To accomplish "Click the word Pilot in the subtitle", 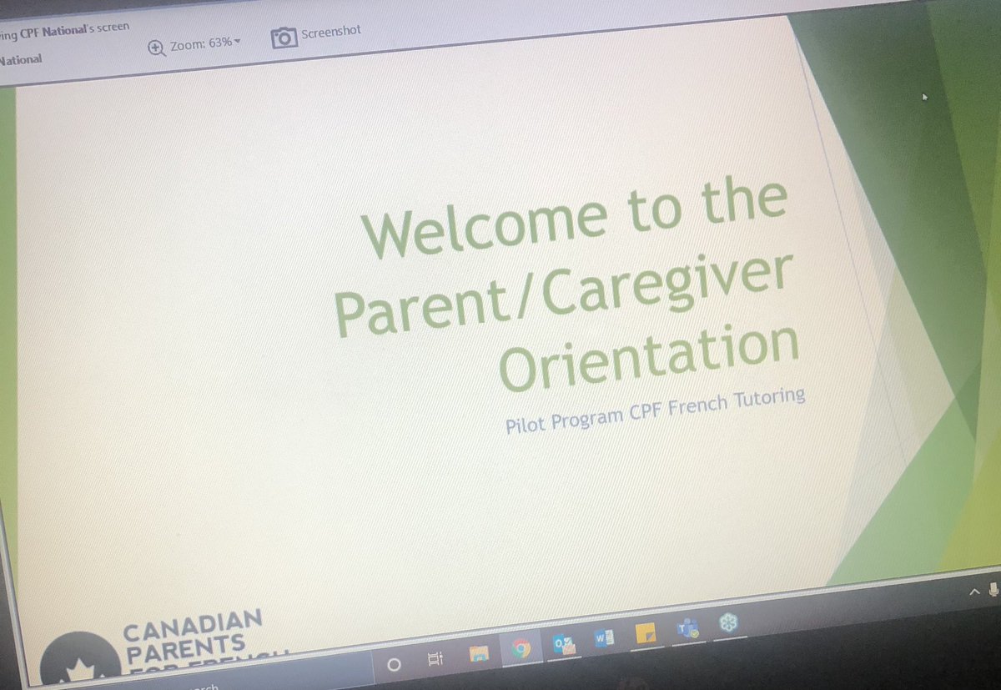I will pos(523,425).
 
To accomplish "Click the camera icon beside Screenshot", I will pos(284,38).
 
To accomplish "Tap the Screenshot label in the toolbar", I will pos(331,32).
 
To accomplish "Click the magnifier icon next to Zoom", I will pos(157,48).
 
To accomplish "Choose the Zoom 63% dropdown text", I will pos(204,42).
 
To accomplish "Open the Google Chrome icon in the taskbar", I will pos(521,647).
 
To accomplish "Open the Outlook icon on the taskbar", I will pos(563,644).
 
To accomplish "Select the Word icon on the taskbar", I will pos(604,639).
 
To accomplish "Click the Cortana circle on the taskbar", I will pos(395,665).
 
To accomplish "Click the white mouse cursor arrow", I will pos(923,97).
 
